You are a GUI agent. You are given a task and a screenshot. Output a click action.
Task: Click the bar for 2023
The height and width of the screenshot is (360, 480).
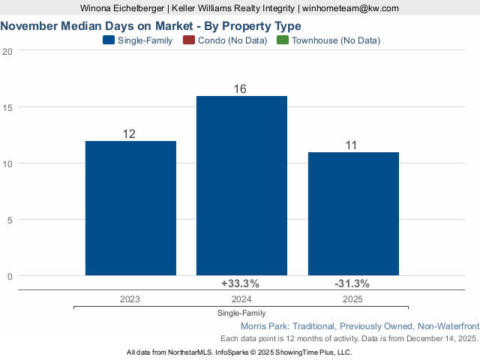(x=130, y=208)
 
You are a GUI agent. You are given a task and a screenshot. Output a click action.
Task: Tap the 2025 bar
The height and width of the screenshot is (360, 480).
(x=352, y=214)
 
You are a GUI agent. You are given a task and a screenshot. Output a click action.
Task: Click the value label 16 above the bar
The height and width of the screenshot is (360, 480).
(x=240, y=89)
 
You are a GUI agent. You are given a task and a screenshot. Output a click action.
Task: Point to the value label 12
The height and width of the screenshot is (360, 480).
(x=129, y=134)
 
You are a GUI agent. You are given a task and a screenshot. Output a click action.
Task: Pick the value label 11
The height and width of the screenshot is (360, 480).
(x=351, y=145)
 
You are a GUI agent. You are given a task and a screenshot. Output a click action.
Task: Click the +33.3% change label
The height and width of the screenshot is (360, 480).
(x=240, y=283)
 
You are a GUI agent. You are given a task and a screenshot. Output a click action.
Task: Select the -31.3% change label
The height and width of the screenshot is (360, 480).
(x=351, y=283)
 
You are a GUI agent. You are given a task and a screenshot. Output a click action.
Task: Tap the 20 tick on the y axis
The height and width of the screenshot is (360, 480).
(x=7, y=51)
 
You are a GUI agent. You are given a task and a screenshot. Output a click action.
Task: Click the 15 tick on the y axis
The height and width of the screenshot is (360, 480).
(x=7, y=107)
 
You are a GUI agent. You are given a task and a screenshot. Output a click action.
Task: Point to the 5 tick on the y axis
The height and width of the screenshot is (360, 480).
(x=9, y=220)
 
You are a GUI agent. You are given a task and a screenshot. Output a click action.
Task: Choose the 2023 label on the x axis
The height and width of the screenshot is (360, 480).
(x=130, y=298)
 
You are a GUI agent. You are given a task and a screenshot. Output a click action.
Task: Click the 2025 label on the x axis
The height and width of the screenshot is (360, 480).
(x=352, y=298)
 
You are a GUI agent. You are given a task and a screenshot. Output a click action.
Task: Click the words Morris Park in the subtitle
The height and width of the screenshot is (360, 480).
(x=264, y=326)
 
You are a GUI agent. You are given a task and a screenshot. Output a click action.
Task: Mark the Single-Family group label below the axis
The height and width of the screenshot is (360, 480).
(x=241, y=313)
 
